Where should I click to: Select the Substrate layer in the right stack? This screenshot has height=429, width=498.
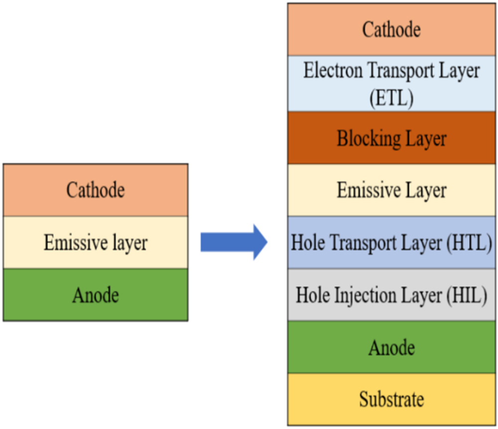pos(391,399)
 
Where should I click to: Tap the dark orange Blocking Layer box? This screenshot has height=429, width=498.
pos(391,138)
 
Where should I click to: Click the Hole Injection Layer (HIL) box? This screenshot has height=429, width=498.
pos(391,295)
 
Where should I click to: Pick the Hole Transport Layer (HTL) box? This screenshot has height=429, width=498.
pos(391,243)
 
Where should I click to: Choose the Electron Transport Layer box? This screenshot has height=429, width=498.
pos(391,84)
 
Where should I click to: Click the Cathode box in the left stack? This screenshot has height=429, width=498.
pos(96,190)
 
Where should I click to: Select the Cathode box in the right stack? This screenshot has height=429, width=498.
pos(391,29)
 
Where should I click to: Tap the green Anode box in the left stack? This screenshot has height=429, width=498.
pos(96,295)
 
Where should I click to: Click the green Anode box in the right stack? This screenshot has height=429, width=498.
pos(391,347)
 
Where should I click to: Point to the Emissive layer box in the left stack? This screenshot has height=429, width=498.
pos(96,243)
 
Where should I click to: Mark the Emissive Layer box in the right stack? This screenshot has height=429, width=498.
pos(391,190)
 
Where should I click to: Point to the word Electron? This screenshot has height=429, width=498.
pos(334,71)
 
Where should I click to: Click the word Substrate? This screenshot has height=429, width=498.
pos(391,399)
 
